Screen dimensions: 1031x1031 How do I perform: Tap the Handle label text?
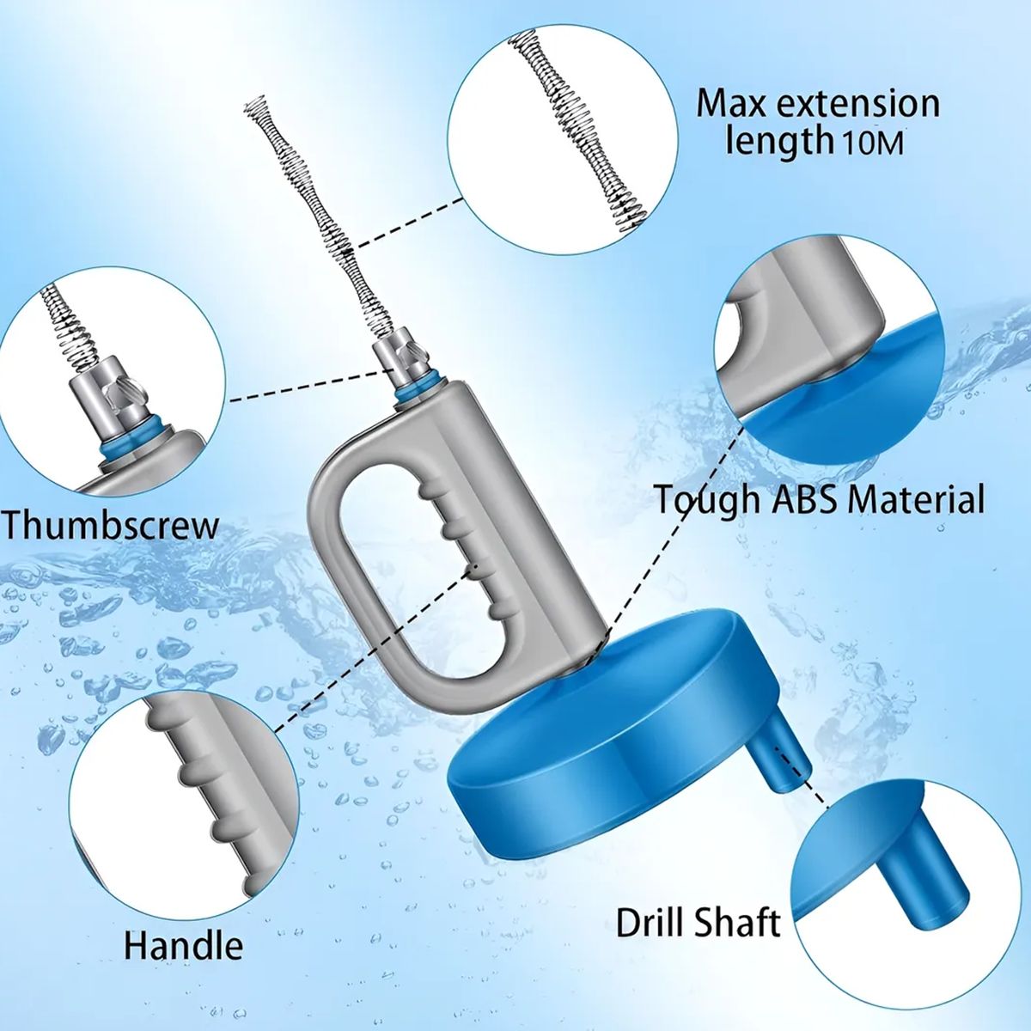point(184,945)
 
